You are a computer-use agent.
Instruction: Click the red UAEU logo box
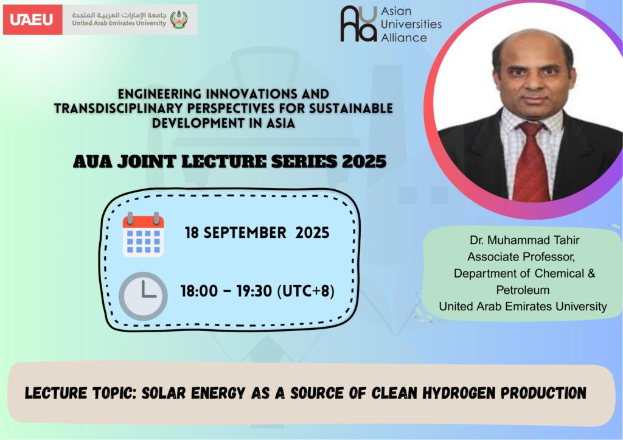click(x=33, y=19)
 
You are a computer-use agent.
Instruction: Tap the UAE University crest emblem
click(x=179, y=19)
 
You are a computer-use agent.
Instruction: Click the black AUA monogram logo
click(x=358, y=24)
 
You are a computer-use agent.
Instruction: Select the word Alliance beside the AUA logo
click(x=404, y=38)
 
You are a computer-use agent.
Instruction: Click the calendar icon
click(x=143, y=234)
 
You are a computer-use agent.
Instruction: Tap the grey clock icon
click(x=143, y=296)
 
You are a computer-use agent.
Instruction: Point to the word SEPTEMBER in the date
click(x=245, y=232)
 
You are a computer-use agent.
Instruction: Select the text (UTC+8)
click(x=305, y=291)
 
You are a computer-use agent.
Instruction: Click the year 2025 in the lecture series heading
click(x=364, y=161)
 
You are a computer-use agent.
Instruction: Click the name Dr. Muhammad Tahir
click(x=524, y=240)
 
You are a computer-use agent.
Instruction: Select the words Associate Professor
click(x=521, y=257)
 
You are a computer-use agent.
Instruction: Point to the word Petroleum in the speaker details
click(x=523, y=290)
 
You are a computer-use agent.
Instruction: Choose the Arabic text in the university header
click(x=119, y=15)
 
